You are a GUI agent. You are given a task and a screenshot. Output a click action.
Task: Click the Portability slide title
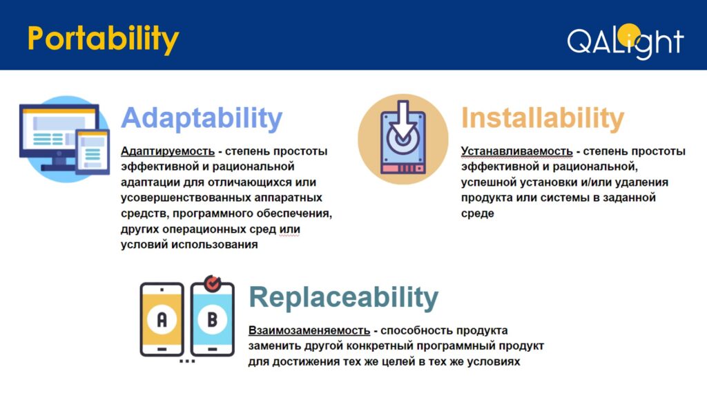(x=104, y=39)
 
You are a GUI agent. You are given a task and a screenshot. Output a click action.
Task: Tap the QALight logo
(x=626, y=41)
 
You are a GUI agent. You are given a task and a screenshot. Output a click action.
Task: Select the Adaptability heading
(x=202, y=119)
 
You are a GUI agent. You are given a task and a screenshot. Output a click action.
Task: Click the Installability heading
(x=543, y=118)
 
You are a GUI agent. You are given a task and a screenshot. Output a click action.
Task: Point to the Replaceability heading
(x=344, y=298)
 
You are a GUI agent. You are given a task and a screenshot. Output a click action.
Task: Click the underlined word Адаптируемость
(x=168, y=151)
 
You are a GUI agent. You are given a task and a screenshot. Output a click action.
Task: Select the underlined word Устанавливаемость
(x=516, y=151)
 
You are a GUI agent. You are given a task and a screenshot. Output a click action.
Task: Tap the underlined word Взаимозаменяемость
(x=309, y=330)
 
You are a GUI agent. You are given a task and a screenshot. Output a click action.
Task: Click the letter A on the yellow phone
(x=162, y=319)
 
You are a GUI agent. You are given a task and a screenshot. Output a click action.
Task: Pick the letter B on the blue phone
(x=213, y=319)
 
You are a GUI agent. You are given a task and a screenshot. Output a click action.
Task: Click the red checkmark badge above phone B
(x=213, y=283)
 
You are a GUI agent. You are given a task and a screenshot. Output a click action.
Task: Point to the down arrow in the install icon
(x=403, y=119)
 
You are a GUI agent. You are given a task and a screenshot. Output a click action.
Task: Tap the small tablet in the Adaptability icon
(x=93, y=151)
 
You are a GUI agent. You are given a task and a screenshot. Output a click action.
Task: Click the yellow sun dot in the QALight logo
(x=628, y=35)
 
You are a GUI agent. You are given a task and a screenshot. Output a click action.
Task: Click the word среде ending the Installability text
(x=478, y=214)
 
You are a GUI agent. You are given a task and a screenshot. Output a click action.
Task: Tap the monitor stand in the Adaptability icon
(x=59, y=163)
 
